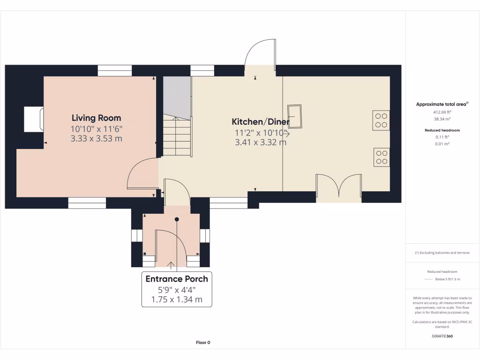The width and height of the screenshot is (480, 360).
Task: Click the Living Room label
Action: pyautogui.click(x=96, y=118)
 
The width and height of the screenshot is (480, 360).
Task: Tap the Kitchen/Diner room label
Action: pyautogui.click(x=261, y=122)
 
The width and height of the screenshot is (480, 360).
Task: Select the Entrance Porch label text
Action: pyautogui.click(x=177, y=279)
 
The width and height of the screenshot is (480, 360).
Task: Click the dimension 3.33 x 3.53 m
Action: pyautogui.click(x=96, y=138)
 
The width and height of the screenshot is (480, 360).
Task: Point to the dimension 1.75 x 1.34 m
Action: pyautogui.click(x=177, y=300)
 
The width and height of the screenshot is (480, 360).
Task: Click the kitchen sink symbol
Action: pyautogui.click(x=295, y=116)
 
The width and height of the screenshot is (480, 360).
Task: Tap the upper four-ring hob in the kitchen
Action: pyautogui.click(x=382, y=120)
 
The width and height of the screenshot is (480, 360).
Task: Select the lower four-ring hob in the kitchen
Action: pyautogui.click(x=382, y=157)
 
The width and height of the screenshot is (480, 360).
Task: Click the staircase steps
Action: pyautogui.click(x=177, y=137)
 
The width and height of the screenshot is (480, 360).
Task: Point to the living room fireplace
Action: pyautogui.click(x=34, y=119)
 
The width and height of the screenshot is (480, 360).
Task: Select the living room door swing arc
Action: pyautogui.click(x=142, y=173)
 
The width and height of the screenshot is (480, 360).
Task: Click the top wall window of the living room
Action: pyautogui.click(x=115, y=70)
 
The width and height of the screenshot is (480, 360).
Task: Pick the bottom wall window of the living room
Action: pyautogui.click(x=87, y=203)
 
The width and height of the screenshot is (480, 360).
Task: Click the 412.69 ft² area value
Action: pyautogui.click(x=442, y=112)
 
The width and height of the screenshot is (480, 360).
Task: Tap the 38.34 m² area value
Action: pyautogui.click(x=442, y=119)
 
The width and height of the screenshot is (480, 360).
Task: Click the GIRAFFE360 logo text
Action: pyautogui.click(x=442, y=336)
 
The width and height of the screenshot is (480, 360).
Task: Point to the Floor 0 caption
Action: pyautogui.click(x=203, y=343)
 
